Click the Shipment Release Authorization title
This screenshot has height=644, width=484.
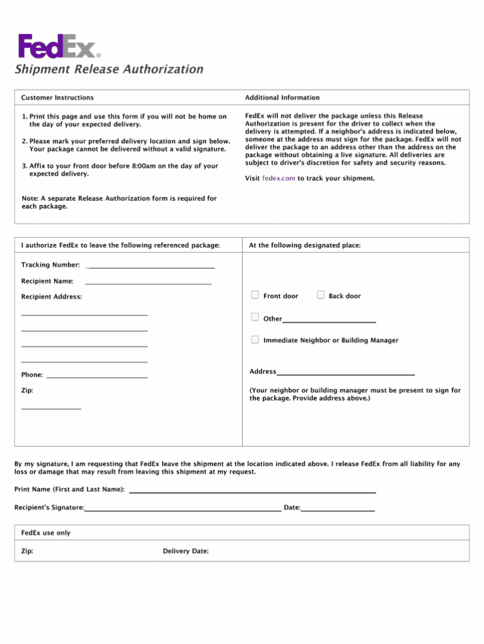pos(109,69)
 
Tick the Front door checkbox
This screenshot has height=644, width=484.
pos(255,295)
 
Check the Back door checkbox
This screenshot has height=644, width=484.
pos(321,295)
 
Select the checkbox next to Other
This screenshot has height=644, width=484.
pos(255,317)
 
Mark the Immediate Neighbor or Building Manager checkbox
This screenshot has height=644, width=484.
pos(255,339)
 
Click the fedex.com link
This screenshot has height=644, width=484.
pos(279,179)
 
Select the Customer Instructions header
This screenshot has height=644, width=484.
pos(57,98)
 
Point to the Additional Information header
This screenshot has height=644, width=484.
pos(282,98)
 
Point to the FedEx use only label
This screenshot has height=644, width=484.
pos(46,533)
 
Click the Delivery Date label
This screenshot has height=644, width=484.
pos(185,551)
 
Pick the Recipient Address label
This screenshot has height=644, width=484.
pos(52,296)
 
